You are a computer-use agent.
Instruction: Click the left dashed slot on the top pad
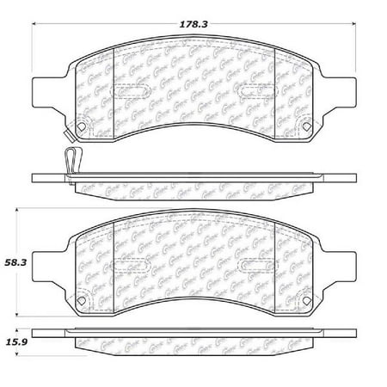(132, 89)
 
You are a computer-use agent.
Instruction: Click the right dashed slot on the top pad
(256, 89)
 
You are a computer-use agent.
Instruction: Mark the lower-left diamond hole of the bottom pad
(81, 300)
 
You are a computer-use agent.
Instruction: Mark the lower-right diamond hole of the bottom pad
(306, 300)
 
